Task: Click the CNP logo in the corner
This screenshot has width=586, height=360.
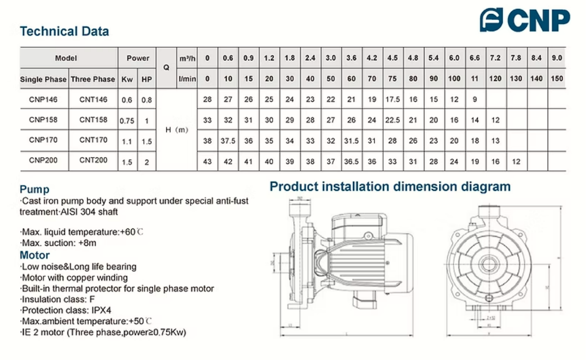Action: point(525,20)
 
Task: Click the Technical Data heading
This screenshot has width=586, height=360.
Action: point(64,32)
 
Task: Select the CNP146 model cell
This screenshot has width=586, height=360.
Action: point(43,99)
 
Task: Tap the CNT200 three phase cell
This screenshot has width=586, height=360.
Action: point(93,160)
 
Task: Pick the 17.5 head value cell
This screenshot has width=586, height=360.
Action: point(392,99)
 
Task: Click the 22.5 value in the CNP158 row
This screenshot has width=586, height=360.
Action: point(392,120)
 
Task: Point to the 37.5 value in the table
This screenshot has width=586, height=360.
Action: point(228,140)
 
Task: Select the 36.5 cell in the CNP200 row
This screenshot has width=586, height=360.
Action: point(351,161)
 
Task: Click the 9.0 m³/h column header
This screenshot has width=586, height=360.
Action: point(556,58)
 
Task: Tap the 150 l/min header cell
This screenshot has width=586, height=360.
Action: point(556,79)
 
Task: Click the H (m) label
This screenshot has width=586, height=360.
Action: point(177,130)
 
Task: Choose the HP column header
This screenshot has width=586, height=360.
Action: point(147,80)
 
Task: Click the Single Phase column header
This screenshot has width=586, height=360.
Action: point(43,80)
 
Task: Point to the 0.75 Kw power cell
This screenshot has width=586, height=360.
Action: point(126,121)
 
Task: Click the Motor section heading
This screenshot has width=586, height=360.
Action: point(35,255)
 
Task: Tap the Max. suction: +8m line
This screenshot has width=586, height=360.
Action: point(59,243)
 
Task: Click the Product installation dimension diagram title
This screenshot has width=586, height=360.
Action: point(390,187)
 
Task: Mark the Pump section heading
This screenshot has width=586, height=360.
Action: point(34,190)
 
